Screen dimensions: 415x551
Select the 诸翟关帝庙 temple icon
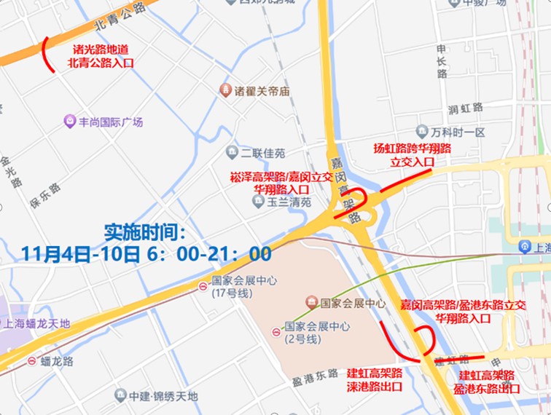226,91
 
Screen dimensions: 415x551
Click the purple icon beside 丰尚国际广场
70,121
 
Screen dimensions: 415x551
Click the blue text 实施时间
145,232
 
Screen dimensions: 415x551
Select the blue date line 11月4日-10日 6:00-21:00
146,254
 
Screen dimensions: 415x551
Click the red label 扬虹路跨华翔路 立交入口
413,155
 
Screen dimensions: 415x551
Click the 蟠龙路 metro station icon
32,360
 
